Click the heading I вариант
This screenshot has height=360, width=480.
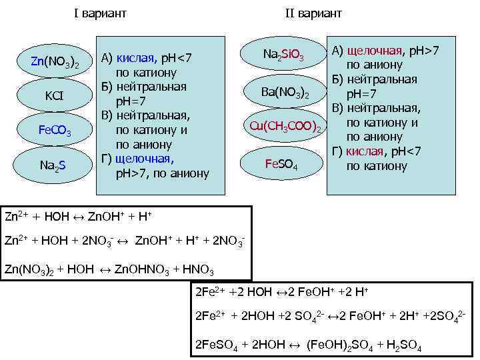(x=101, y=13)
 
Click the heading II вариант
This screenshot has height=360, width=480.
(x=313, y=13)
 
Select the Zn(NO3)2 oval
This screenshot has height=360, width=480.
(x=55, y=63)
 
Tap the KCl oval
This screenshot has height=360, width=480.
(x=54, y=96)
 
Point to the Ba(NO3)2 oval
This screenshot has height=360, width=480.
(x=286, y=93)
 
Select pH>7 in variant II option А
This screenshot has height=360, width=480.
(x=423, y=51)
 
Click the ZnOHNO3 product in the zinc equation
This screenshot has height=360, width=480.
(x=137, y=270)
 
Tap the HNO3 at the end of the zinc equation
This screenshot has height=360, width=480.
(x=198, y=270)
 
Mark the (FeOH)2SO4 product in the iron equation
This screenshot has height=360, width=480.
(x=338, y=345)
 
